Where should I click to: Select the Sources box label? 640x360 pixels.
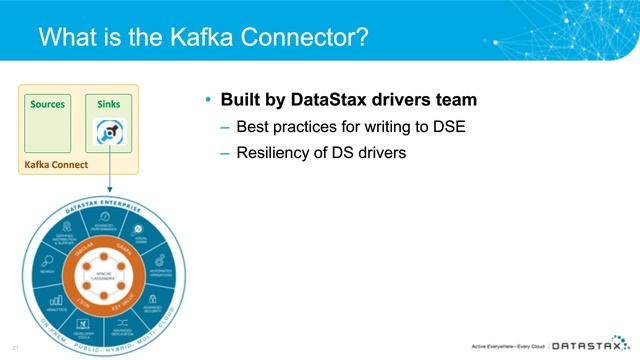coord(48,103)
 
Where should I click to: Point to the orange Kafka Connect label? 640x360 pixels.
coord(57,163)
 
